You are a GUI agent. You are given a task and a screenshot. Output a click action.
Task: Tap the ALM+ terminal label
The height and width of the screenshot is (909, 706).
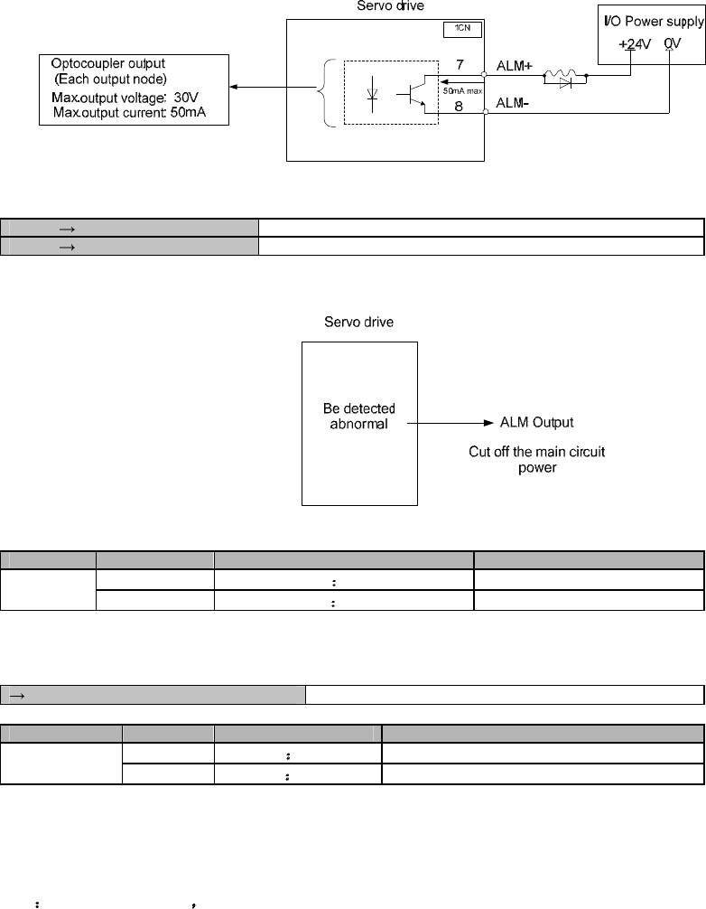(515, 65)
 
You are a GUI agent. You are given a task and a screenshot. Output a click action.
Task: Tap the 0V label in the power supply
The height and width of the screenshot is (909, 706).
(672, 43)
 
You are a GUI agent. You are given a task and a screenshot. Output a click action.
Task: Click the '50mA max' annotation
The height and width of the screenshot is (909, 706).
(463, 91)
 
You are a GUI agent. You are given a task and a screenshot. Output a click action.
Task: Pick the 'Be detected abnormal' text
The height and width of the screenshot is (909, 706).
(358, 416)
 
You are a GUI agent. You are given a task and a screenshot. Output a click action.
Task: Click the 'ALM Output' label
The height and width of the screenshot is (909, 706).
(538, 422)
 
